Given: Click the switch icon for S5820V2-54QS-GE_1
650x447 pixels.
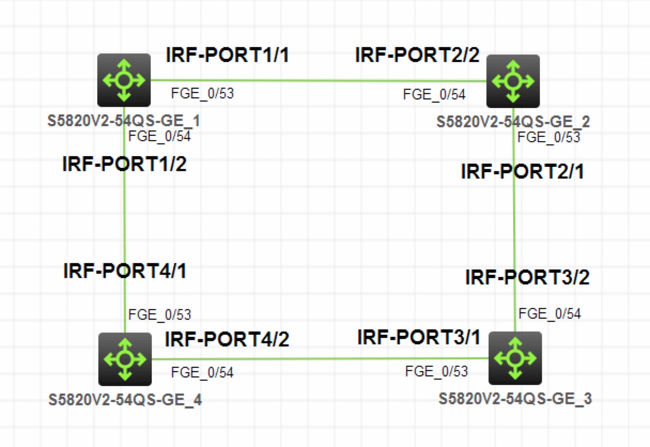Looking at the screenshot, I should tap(124, 80).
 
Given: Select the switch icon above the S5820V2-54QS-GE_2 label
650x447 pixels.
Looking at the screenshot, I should tap(513, 81).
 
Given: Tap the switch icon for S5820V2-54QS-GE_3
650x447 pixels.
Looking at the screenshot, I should tap(515, 358).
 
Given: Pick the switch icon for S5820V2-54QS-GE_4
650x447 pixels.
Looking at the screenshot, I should tap(125, 359).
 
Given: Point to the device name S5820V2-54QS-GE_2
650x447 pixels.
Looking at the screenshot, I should tap(513, 122).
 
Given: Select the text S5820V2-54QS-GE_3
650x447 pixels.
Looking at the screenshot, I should tap(515, 399).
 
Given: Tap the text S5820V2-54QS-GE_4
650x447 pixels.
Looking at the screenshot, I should tap(125, 399).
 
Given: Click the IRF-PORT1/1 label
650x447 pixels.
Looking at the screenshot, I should tap(228, 55).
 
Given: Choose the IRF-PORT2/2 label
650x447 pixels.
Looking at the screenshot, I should tap(417, 55).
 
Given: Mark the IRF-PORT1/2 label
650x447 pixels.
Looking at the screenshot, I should tap(125, 164).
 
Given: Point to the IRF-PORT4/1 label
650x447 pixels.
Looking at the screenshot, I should tap(125, 271).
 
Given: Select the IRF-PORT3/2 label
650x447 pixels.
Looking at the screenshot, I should tap(527, 278).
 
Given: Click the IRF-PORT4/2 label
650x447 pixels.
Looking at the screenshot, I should tap(227, 339).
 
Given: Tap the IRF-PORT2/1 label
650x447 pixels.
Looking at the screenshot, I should tap(523, 172).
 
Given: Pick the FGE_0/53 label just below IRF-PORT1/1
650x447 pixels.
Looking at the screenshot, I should tap(202, 94).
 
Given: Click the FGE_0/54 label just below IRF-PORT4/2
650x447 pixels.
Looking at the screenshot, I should tap(202, 372).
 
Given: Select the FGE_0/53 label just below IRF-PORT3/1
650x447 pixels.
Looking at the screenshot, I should tap(436, 371).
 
